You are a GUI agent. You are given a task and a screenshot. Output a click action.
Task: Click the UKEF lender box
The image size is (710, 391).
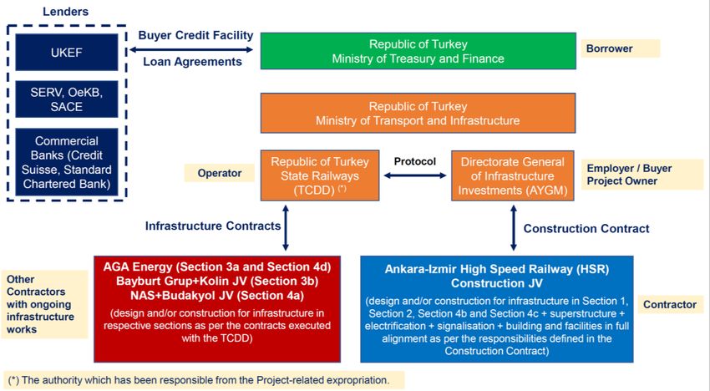click(66, 52)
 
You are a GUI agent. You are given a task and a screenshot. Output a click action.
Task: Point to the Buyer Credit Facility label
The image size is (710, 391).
click(195, 35)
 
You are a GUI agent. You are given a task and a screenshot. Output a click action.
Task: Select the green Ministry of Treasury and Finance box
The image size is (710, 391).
click(418, 51)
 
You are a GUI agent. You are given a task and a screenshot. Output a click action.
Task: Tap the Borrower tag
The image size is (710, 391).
click(620, 48)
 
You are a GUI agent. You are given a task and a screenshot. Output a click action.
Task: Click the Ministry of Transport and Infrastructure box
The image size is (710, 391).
click(418, 113)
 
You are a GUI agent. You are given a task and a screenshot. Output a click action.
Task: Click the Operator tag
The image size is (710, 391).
click(220, 173)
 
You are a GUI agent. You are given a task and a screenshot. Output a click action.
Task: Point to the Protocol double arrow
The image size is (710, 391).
click(415, 176)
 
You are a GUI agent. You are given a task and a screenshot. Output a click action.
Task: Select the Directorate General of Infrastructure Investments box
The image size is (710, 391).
click(513, 175)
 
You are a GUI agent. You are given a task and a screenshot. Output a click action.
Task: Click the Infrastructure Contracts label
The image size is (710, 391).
click(213, 226)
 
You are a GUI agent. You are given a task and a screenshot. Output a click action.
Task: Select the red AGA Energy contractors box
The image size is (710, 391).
click(217, 307)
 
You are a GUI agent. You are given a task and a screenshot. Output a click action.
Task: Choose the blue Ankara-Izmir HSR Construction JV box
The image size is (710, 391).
click(497, 307)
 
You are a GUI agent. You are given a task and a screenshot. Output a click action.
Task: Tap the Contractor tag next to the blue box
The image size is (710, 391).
click(670, 304)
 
